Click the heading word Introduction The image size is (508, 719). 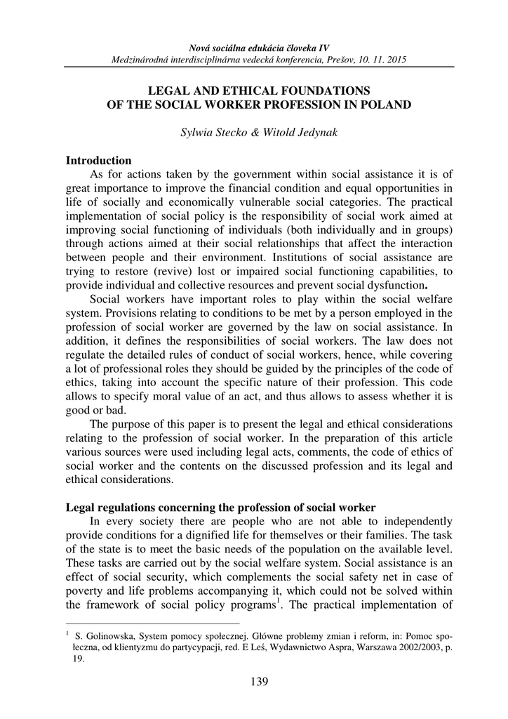click(x=99, y=161)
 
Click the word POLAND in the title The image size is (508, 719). click(x=387, y=105)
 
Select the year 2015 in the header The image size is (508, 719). click(x=394, y=60)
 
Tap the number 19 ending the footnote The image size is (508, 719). click(x=79, y=660)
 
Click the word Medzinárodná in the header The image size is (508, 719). click(x=141, y=60)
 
